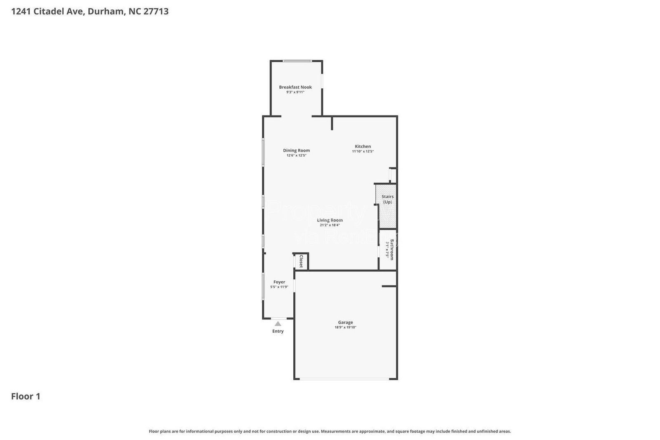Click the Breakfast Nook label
click(295, 87)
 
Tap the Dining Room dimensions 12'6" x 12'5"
click(296, 155)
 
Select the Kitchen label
click(363, 146)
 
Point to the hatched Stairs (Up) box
click(388, 206)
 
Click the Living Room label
click(330, 220)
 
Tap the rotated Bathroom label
click(392, 249)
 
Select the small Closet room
click(301, 261)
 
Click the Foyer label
click(279, 282)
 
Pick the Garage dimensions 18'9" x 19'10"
click(345, 327)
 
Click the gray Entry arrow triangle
click(278, 324)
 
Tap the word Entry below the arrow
click(278, 331)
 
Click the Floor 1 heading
click(26, 396)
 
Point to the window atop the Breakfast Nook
click(297, 61)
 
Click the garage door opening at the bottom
click(344, 379)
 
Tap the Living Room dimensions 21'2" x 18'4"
click(330, 225)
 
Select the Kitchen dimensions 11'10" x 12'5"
click(363, 151)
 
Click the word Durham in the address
click(106, 11)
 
